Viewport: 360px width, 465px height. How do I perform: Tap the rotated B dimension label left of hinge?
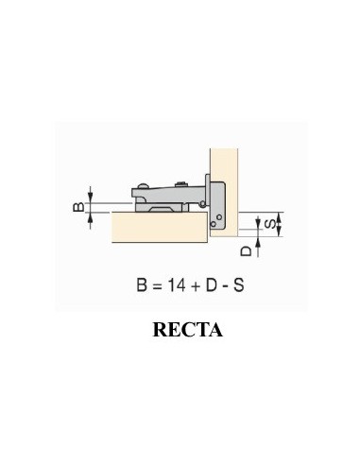[x=80, y=204]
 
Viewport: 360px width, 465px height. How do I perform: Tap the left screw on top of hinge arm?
[x=144, y=184]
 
